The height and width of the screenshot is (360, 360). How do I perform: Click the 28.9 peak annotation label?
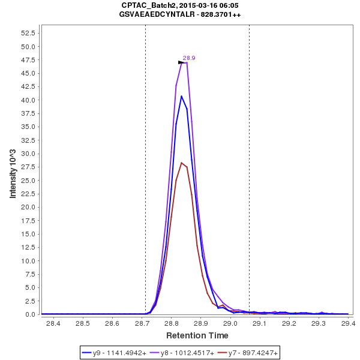pyautogui.click(x=189, y=58)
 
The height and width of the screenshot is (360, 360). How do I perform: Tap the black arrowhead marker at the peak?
pyautogui.click(x=181, y=62)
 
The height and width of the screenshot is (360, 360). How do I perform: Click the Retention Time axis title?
pyautogui.click(x=197, y=335)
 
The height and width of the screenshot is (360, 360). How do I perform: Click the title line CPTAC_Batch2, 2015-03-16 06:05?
pyautogui.click(x=180, y=5)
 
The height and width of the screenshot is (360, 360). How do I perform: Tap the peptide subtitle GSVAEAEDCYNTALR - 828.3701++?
pyautogui.click(x=180, y=14)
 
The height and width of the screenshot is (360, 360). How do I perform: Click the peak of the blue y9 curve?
pyautogui.click(x=181, y=96)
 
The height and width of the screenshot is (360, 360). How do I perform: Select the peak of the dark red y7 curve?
pyautogui.click(x=181, y=163)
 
